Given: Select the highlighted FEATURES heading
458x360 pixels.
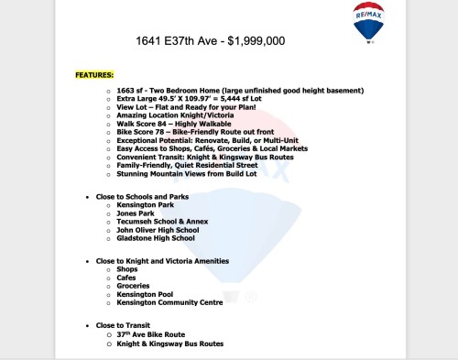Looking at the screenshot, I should [95, 74].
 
